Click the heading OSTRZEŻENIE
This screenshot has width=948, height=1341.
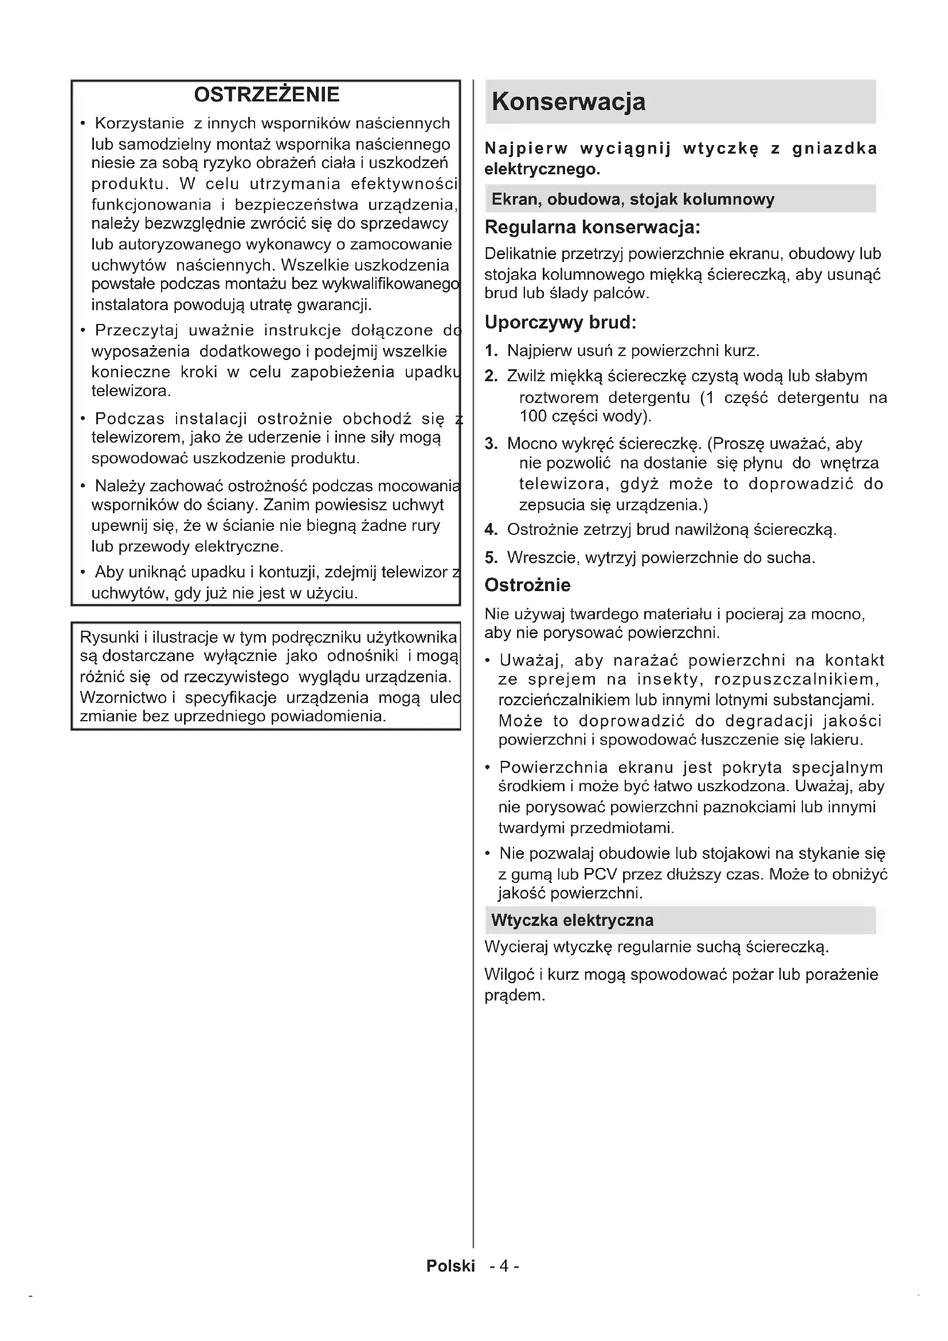pos(266,95)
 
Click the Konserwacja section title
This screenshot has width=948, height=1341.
pos(568,101)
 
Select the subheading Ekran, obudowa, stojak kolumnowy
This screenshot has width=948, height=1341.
pos(632,199)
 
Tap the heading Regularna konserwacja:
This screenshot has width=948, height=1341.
pos(592,226)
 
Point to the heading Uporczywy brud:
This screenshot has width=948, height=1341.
pos(560,322)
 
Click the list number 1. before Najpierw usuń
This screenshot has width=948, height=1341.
pos(491,350)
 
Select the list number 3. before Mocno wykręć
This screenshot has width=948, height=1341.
pos(491,444)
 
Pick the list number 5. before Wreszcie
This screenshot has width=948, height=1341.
pos(491,558)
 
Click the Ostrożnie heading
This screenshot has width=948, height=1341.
pos(527,585)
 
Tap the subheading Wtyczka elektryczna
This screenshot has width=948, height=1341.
pos(572,921)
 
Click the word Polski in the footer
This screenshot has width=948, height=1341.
pos(451,1266)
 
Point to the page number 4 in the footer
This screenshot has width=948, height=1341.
pos(504,1266)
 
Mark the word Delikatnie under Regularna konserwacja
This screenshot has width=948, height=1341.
pos(520,254)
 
